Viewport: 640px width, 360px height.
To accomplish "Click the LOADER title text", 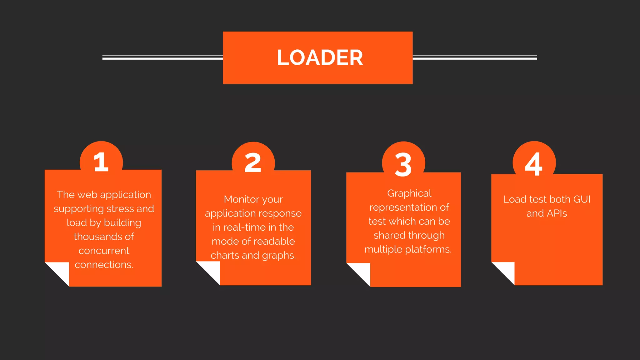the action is [x=320, y=58].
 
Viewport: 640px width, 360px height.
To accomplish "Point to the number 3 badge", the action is [x=403, y=164].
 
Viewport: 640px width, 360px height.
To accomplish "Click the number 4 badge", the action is [x=534, y=164].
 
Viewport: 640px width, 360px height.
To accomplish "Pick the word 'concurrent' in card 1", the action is [x=104, y=251].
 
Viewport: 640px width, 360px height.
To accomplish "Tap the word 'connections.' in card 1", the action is [x=104, y=265].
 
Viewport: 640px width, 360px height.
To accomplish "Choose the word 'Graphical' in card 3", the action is [x=409, y=193].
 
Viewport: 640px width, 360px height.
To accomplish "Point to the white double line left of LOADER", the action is [x=162, y=57].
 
